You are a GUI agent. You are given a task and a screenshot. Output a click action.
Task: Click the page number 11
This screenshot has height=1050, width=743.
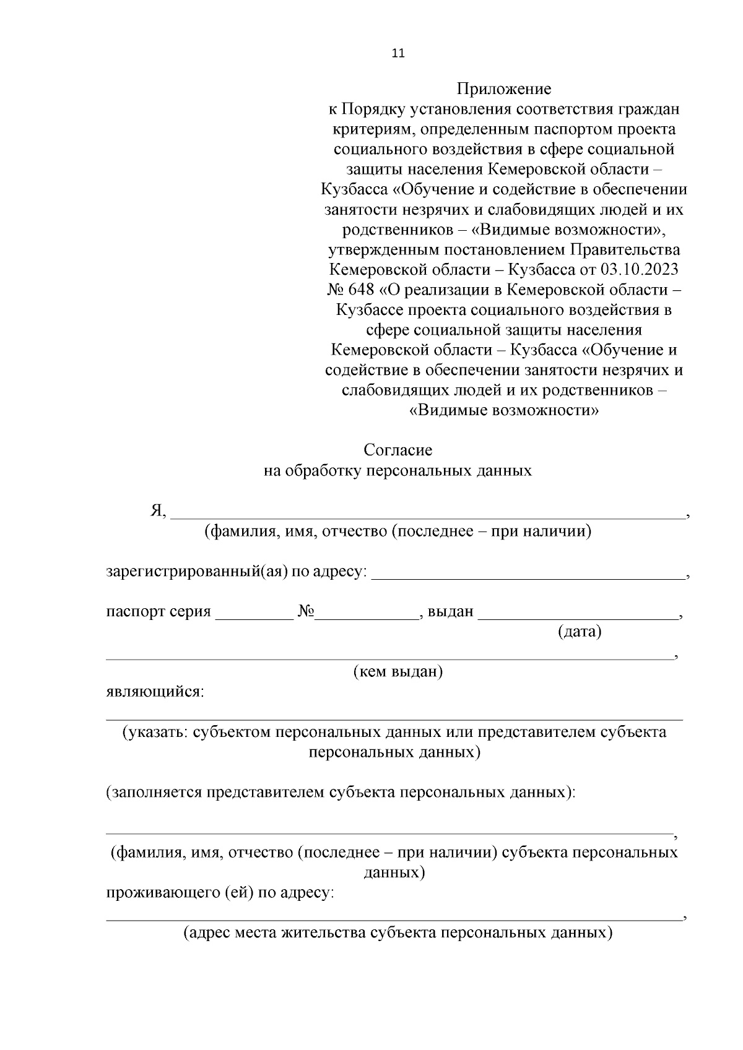tap(398, 53)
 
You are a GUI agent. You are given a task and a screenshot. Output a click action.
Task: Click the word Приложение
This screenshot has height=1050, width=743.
tap(504, 89)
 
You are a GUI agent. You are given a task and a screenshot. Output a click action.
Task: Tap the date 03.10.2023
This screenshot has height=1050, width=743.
tap(639, 270)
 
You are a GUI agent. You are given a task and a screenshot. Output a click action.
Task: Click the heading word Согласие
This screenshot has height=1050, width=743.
tap(398, 450)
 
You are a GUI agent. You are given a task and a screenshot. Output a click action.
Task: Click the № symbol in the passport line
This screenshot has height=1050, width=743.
tap(306, 612)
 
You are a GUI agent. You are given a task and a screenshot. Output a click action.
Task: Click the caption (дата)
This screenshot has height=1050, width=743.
tap(580, 632)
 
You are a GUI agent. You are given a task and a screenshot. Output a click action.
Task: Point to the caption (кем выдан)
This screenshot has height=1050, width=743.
tap(398, 672)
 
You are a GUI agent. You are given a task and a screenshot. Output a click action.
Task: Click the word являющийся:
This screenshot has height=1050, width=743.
tap(155, 692)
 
